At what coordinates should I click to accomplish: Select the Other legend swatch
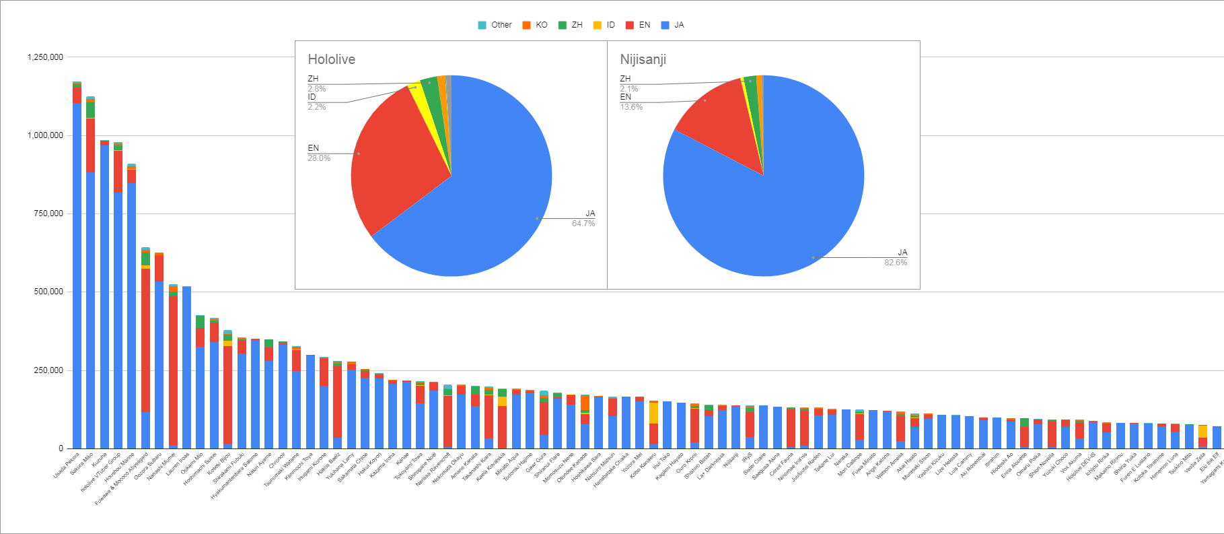pyautogui.click(x=482, y=25)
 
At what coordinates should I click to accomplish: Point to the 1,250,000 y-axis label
pyautogui.click(x=45, y=57)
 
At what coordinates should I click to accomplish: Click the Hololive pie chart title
pyautogui.click(x=331, y=59)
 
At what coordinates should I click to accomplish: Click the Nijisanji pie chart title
pyautogui.click(x=643, y=59)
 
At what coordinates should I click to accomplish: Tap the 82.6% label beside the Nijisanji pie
pyautogui.click(x=895, y=263)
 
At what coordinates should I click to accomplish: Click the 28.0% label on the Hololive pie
pyautogui.click(x=319, y=158)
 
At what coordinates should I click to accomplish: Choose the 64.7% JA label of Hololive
pyautogui.click(x=583, y=224)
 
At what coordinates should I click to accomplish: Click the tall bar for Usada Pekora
pyautogui.click(x=77, y=269)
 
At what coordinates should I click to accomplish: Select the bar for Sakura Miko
pyautogui.click(x=91, y=303)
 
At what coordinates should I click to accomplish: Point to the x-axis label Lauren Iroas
pyautogui.click(x=178, y=464)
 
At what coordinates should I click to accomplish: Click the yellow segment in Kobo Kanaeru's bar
pyautogui.click(x=653, y=413)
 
